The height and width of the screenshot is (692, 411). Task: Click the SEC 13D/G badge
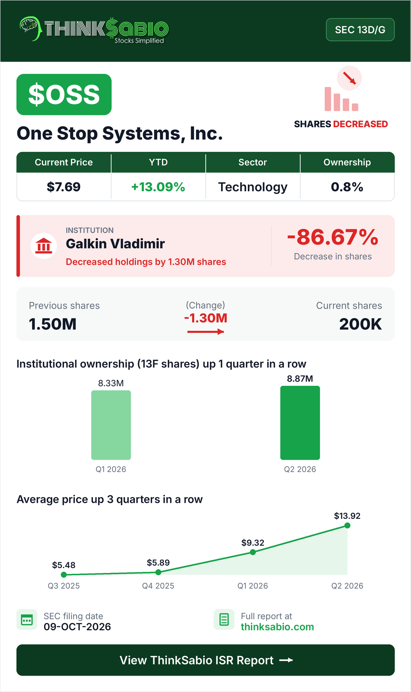pos(360,30)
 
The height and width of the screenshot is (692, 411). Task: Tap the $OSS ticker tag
pos(64,94)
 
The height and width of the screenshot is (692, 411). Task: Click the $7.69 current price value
pos(64,187)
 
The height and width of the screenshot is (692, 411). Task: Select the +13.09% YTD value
pos(158,187)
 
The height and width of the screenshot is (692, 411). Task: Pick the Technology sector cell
pos(253,187)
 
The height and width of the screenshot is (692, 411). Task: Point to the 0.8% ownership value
pos(347,187)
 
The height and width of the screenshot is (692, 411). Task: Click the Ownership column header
pos(347,162)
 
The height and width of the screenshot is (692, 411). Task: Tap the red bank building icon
pos(44,246)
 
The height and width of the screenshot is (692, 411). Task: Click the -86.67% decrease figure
pos(333,237)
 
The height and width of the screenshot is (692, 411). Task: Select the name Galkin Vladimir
pos(115,244)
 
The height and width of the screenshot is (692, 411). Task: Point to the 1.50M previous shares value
pos(53,324)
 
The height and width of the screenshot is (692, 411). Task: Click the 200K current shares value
pos(360,324)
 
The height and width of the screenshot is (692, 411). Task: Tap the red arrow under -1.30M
pos(205,332)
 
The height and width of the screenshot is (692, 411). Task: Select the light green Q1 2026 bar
pos(111,425)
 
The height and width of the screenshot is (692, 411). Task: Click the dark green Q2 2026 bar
pos(300,423)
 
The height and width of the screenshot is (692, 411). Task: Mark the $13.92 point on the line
pos(347,525)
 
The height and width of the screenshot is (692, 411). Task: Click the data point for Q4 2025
pos(158,572)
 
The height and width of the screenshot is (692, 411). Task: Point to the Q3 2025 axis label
pos(64,586)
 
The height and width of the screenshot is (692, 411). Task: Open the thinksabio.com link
pos(277,627)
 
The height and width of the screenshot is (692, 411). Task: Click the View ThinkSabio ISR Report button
pos(205,660)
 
